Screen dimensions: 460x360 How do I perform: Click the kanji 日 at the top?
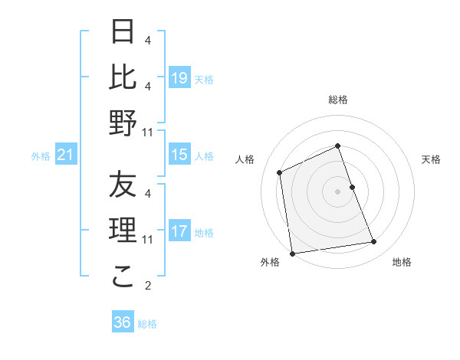pos(123,32)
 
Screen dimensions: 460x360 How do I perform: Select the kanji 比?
pos(123,77)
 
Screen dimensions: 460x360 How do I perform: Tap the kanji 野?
pos(123,123)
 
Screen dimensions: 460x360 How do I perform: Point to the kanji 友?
pos(123,185)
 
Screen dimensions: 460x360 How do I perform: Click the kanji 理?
pos(123,231)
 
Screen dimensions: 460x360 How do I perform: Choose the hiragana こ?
pos(123,277)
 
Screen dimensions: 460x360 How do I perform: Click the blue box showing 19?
pos(179,77)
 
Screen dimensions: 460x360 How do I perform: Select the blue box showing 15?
pos(179,155)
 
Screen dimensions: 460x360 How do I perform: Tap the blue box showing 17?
pos(179,231)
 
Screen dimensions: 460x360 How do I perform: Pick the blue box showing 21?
pos(66,155)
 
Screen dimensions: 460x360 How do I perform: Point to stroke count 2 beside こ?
pos(148,286)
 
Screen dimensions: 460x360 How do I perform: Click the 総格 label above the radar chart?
pos(338,100)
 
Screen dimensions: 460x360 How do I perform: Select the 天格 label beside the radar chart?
pos(432,159)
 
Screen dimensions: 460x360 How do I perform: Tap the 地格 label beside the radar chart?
pos(402,262)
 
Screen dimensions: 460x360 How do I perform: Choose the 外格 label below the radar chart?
pos(270,262)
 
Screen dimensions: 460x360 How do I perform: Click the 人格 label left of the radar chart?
pos(245,159)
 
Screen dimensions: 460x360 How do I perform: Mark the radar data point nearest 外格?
pos(292,253)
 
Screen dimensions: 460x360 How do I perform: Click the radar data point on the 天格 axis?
pos(352,186)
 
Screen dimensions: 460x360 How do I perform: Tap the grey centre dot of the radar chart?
pos(338,191)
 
